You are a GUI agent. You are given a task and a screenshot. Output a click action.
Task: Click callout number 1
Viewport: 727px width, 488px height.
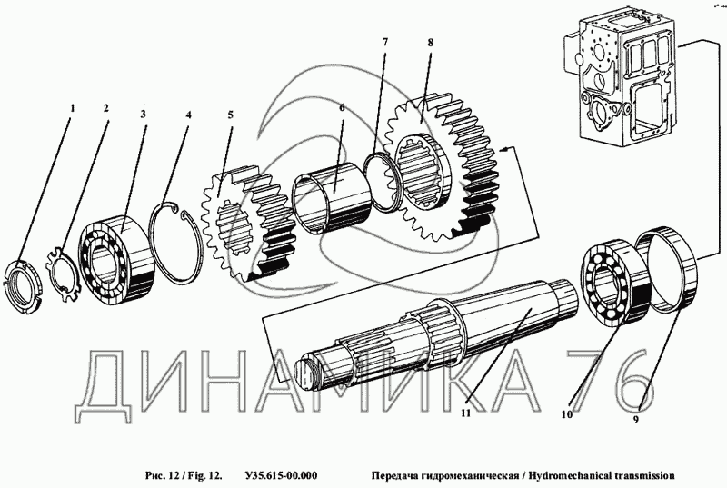pyautogui.click(x=73, y=108)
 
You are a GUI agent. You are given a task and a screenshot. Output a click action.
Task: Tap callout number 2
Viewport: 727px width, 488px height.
pyautogui.click(x=106, y=108)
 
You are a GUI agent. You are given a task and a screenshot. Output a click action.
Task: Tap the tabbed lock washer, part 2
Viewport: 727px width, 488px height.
pyautogui.click(x=61, y=270)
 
